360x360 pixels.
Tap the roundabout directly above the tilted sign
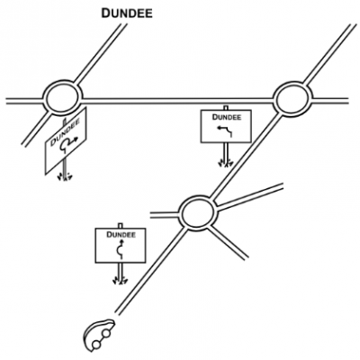tap(62, 97)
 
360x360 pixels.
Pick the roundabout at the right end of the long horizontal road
tap(292, 99)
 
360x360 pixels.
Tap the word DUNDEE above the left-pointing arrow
tap(224, 116)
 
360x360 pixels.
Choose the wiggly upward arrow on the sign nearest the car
tap(121, 249)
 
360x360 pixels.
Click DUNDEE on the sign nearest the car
tap(121, 236)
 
